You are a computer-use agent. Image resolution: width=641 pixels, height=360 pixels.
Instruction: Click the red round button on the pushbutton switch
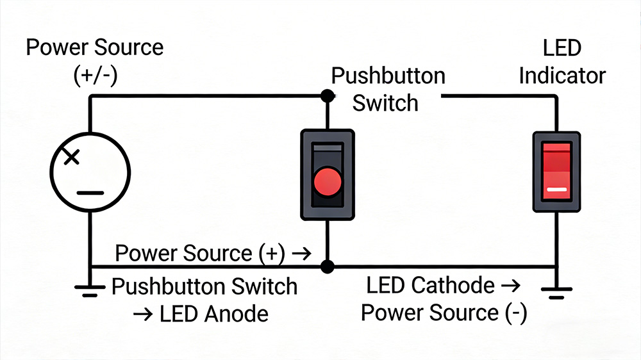point(328,181)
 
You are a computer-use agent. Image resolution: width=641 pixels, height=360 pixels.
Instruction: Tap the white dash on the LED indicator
point(556,190)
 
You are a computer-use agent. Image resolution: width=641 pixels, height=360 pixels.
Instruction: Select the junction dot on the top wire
point(328,96)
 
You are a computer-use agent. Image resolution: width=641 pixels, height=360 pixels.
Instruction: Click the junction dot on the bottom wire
point(328,266)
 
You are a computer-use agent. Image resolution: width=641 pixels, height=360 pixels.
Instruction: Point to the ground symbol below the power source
point(90,290)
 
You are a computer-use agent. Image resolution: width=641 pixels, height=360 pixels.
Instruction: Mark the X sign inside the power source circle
point(72,156)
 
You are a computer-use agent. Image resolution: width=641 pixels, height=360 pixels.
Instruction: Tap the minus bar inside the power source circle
point(90,192)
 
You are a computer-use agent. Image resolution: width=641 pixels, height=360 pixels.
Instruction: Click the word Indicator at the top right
point(562,76)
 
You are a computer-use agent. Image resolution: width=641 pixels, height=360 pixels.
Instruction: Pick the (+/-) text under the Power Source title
point(95,76)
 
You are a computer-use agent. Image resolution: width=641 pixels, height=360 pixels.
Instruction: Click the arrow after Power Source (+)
point(301,253)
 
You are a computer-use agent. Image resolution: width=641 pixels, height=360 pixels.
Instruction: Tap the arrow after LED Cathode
point(511,286)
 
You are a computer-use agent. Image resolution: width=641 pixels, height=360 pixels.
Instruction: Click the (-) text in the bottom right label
point(513,313)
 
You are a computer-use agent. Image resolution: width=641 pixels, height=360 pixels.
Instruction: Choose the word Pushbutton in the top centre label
point(388,76)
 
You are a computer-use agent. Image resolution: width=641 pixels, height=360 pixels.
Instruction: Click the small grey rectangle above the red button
point(328,149)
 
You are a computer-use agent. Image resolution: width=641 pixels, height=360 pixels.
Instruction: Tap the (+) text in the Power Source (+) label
point(272,253)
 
